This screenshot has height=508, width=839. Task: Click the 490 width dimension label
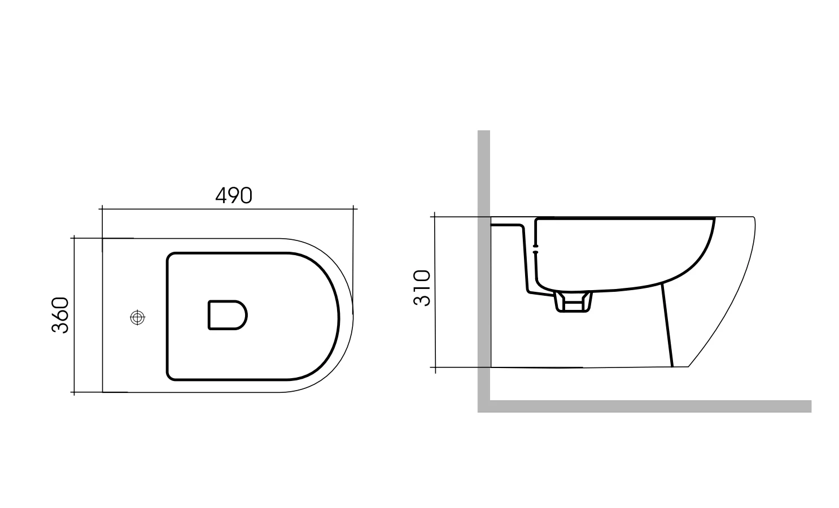(x=234, y=195)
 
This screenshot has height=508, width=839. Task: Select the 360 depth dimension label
(x=60, y=315)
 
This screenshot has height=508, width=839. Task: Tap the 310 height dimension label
(x=422, y=288)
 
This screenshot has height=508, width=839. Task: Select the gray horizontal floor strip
(x=649, y=406)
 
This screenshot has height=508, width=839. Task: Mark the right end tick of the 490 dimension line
(x=353, y=209)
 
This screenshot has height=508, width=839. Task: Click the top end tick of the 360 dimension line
(x=73, y=238)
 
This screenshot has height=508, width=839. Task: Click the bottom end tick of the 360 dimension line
(x=73, y=392)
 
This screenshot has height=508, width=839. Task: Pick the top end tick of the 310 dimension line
(x=434, y=216)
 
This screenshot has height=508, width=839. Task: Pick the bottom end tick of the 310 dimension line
(x=434, y=367)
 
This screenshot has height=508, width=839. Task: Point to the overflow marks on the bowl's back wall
(x=535, y=250)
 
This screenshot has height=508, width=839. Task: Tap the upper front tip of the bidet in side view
(x=754, y=218)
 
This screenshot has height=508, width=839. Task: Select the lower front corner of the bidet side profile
(x=688, y=367)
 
